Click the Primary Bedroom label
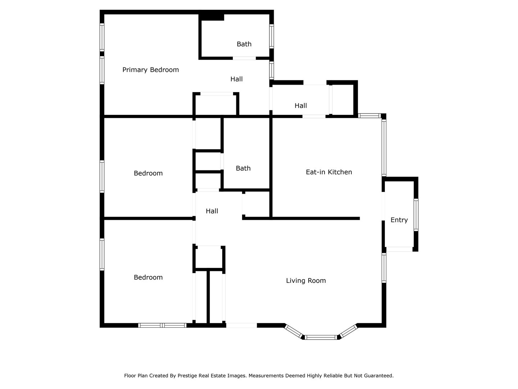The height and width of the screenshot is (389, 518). tap(150, 70)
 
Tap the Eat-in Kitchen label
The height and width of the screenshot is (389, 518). tap(329, 172)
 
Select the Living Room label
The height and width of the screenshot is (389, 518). tap(306, 281)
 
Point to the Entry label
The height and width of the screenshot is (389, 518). tap(399, 220)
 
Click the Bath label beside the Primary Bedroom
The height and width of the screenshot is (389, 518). tap(244, 44)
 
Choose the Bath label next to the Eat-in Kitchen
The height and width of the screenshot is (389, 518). tap(243, 168)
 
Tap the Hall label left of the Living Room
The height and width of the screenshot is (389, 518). tap(212, 211)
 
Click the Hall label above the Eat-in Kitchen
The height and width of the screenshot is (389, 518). tap(301, 106)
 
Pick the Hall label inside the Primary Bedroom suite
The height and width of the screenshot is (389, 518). tap(236, 79)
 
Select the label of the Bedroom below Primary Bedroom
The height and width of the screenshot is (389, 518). tap(148, 173)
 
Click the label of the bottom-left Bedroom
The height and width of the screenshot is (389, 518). tap(148, 277)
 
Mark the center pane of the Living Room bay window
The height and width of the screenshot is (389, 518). tap(321, 337)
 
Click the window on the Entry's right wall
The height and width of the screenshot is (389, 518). tap(416, 215)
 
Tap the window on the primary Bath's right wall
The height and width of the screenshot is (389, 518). tap(272, 36)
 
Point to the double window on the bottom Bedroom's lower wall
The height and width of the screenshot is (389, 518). tap(162, 325)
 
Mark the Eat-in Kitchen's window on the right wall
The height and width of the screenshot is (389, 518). tap(384, 147)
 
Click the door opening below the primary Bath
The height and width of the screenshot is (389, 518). tap(244, 58)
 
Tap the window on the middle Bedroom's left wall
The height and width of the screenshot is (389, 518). tap(102, 176)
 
